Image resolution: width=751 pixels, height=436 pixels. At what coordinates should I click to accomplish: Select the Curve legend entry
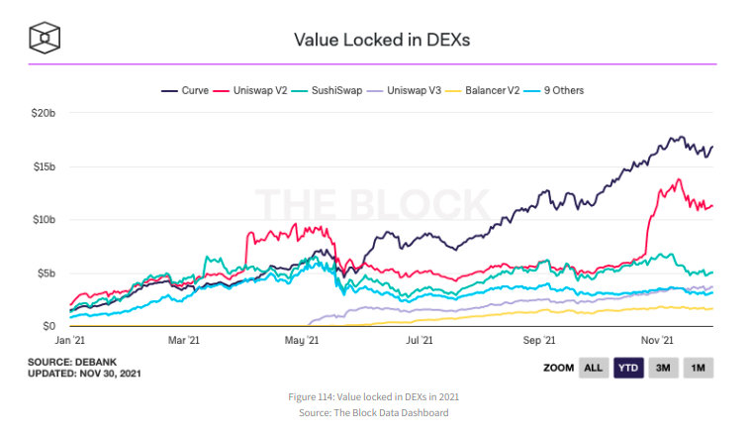(185, 90)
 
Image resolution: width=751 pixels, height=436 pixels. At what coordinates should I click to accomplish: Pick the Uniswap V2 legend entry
(252, 90)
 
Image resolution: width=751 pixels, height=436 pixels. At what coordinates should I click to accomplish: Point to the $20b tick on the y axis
(42, 113)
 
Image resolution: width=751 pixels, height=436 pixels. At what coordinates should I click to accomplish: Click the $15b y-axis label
(42, 166)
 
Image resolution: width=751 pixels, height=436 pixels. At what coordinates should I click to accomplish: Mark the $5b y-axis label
(45, 272)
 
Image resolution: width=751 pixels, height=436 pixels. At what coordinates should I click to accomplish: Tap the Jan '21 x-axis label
(70, 340)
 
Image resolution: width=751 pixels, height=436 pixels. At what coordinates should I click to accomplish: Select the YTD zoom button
(628, 368)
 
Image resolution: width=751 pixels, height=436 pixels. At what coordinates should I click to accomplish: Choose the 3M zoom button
(664, 368)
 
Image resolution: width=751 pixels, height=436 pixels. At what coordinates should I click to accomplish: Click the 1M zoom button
(698, 368)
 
